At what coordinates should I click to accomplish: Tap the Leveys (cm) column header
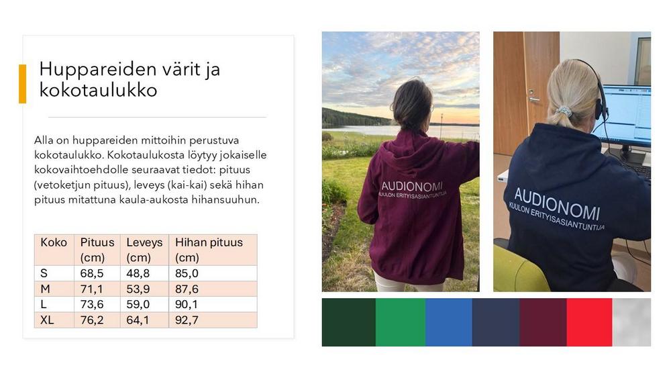click(x=145, y=250)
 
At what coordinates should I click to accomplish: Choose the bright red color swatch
click(x=589, y=322)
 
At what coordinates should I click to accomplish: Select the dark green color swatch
click(x=349, y=322)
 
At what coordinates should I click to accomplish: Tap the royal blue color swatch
click(x=448, y=322)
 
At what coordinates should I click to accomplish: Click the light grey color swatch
click(x=631, y=322)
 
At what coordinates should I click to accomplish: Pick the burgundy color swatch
click(x=543, y=322)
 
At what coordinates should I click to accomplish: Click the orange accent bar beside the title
click(x=22, y=84)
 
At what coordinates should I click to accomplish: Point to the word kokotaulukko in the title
click(x=99, y=90)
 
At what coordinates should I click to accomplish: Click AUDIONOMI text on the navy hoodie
click(x=557, y=203)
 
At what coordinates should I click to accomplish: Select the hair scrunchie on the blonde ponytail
click(x=564, y=111)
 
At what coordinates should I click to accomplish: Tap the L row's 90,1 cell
click(x=187, y=304)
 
